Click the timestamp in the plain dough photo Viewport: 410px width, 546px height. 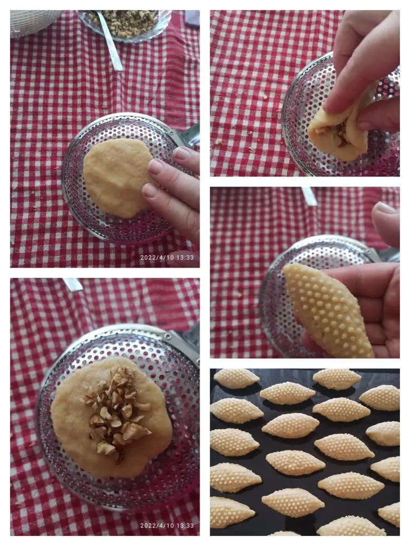[x=167, y=258]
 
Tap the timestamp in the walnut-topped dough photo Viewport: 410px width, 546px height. [x=167, y=526]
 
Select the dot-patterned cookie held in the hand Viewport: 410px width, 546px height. [x=328, y=310]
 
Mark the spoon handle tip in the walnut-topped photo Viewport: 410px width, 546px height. [x=73, y=284]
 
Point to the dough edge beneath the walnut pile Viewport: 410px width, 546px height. [x=112, y=470]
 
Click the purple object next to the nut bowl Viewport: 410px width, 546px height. [x=192, y=18]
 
